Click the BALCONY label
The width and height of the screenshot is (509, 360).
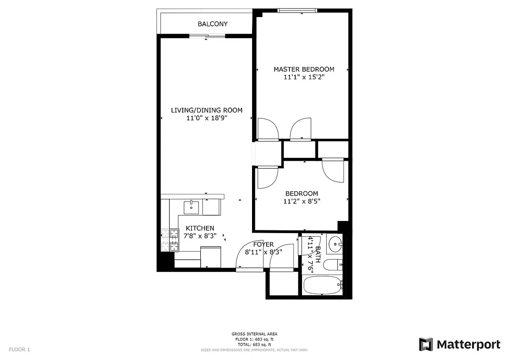click(212, 24)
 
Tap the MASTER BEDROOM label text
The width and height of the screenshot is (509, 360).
click(304, 69)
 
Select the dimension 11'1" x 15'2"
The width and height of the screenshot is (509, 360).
click(304, 77)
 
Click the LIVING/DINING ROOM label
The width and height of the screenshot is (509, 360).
click(207, 110)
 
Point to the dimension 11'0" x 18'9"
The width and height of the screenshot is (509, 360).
click(207, 118)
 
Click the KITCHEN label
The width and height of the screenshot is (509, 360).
click(200, 228)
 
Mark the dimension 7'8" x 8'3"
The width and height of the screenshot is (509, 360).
click(200, 236)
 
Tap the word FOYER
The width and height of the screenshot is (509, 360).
click(263, 244)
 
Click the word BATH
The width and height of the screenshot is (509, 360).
click(318, 255)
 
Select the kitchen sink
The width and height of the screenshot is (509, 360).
click(192, 207)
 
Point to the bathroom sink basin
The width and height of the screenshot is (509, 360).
click(335, 245)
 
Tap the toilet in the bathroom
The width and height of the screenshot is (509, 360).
click(333, 265)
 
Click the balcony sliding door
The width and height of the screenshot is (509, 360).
click(207, 36)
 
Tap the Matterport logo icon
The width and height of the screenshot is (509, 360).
click(426, 344)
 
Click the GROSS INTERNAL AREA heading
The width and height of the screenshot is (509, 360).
click(254, 334)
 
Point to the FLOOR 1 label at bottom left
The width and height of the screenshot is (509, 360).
click(19, 349)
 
